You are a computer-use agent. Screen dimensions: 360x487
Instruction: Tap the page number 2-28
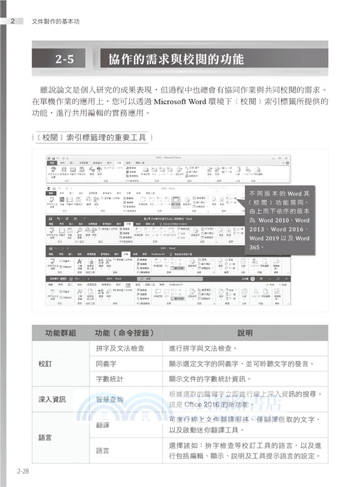(x=23, y=471)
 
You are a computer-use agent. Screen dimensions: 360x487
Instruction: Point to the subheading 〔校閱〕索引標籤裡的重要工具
(x=90, y=138)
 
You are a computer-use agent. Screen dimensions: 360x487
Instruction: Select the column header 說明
(x=244, y=333)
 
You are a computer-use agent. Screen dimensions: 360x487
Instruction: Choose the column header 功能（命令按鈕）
(x=122, y=333)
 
